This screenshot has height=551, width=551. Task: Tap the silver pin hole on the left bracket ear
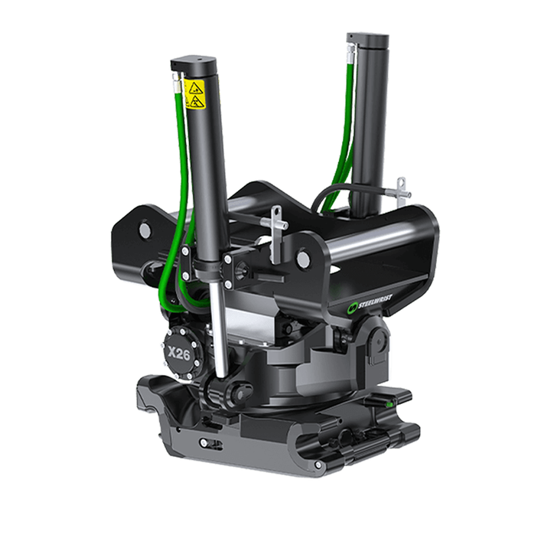click(x=145, y=229)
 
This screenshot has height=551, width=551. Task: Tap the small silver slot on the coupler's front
click(x=207, y=442)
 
